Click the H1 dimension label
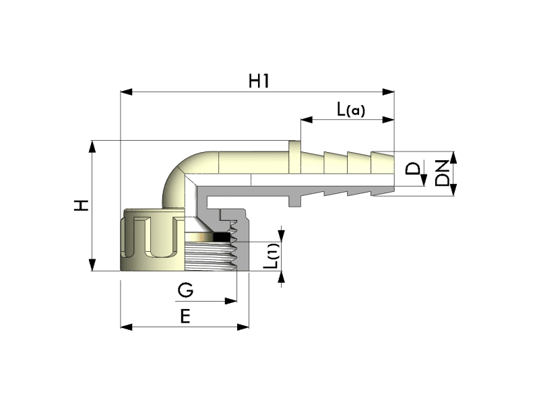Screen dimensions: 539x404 tap(259, 81)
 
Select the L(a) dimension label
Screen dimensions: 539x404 tap(350, 110)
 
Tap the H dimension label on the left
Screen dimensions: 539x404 tap(82, 205)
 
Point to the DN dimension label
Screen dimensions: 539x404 tap(442, 173)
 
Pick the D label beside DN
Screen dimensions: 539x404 tap(412, 169)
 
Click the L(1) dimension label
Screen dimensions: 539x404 tap(272, 256)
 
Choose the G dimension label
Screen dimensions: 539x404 tap(186, 290)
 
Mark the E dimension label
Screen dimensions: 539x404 tap(185, 316)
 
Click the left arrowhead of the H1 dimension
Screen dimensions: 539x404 tap(126, 92)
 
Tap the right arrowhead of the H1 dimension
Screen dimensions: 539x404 tap(389, 92)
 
